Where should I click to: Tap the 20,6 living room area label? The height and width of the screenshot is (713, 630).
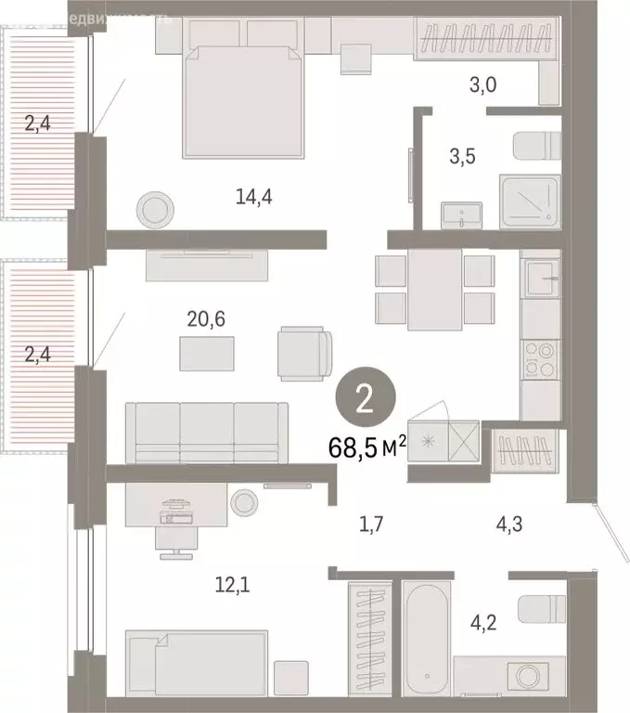pyautogui.click(x=205, y=319)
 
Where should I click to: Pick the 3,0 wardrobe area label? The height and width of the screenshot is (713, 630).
pyautogui.click(x=482, y=86)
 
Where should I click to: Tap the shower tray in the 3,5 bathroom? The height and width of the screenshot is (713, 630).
pyautogui.click(x=530, y=201)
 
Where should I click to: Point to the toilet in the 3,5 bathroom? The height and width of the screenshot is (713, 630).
pyautogui.click(x=537, y=147)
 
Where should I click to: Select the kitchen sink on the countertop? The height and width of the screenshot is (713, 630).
pyautogui.click(x=540, y=275)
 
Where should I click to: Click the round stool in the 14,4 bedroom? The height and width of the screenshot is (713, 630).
pyautogui.click(x=154, y=210)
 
